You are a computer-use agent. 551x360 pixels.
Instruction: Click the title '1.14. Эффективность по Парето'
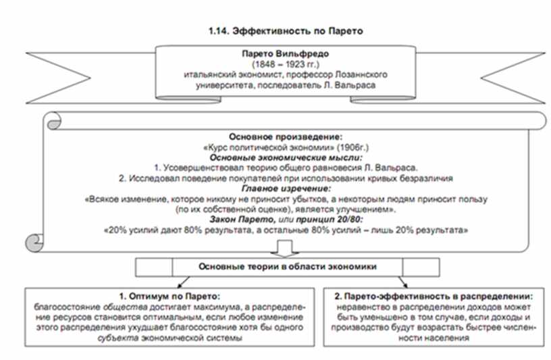click(286, 31)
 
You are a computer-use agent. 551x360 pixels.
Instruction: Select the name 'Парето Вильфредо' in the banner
click(286, 54)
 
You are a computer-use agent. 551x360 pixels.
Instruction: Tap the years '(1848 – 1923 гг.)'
click(286, 64)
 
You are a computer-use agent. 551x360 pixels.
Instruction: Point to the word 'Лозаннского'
click(361, 74)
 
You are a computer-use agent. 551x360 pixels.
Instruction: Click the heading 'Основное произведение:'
click(286, 136)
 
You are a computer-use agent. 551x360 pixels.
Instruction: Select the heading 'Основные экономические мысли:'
click(286, 157)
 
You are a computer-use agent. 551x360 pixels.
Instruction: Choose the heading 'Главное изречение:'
click(286, 188)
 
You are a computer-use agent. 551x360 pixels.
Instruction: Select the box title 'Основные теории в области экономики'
click(288, 267)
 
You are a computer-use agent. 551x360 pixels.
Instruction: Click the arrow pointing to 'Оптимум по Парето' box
click(183, 282)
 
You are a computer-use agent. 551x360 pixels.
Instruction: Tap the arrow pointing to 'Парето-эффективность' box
click(402, 282)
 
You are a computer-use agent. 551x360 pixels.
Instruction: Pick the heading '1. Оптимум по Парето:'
click(169, 297)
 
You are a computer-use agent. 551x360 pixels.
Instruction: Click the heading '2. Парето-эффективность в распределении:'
click(434, 297)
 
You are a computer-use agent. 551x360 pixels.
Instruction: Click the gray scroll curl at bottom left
click(34, 242)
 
